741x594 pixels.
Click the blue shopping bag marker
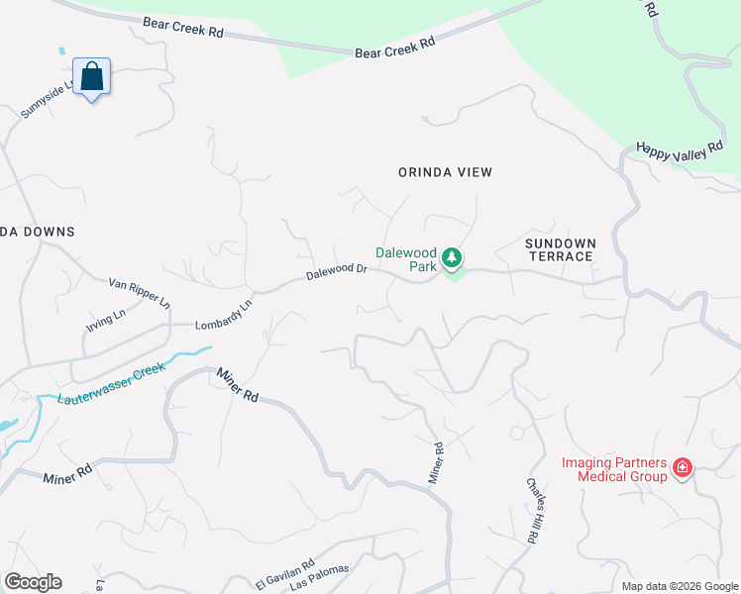click(91, 76)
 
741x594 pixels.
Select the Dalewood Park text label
click(406, 258)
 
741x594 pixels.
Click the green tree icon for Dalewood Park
click(452, 258)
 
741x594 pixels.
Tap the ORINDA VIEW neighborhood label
click(445, 172)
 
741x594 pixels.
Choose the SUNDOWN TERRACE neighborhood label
click(560, 249)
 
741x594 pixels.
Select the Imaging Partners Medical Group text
click(614, 468)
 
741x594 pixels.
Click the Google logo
click(33, 582)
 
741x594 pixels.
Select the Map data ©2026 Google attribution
click(680, 586)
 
